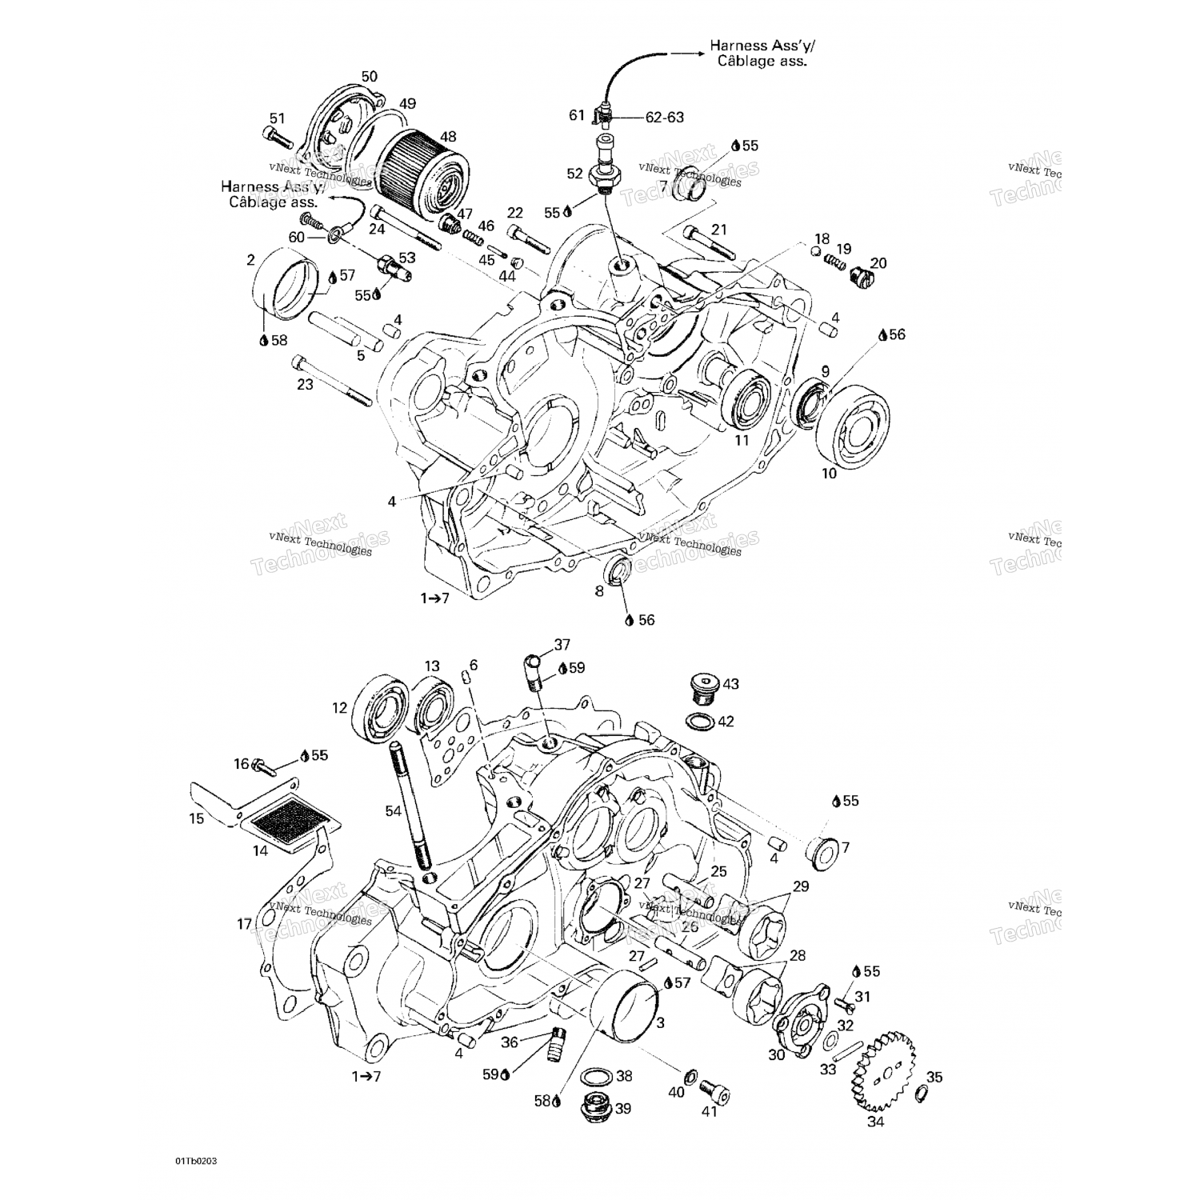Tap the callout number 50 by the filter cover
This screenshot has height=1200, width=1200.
369,77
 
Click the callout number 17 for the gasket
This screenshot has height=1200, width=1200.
245,924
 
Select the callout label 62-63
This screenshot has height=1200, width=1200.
665,117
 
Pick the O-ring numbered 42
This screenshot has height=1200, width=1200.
702,722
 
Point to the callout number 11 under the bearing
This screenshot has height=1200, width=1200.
742,440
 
